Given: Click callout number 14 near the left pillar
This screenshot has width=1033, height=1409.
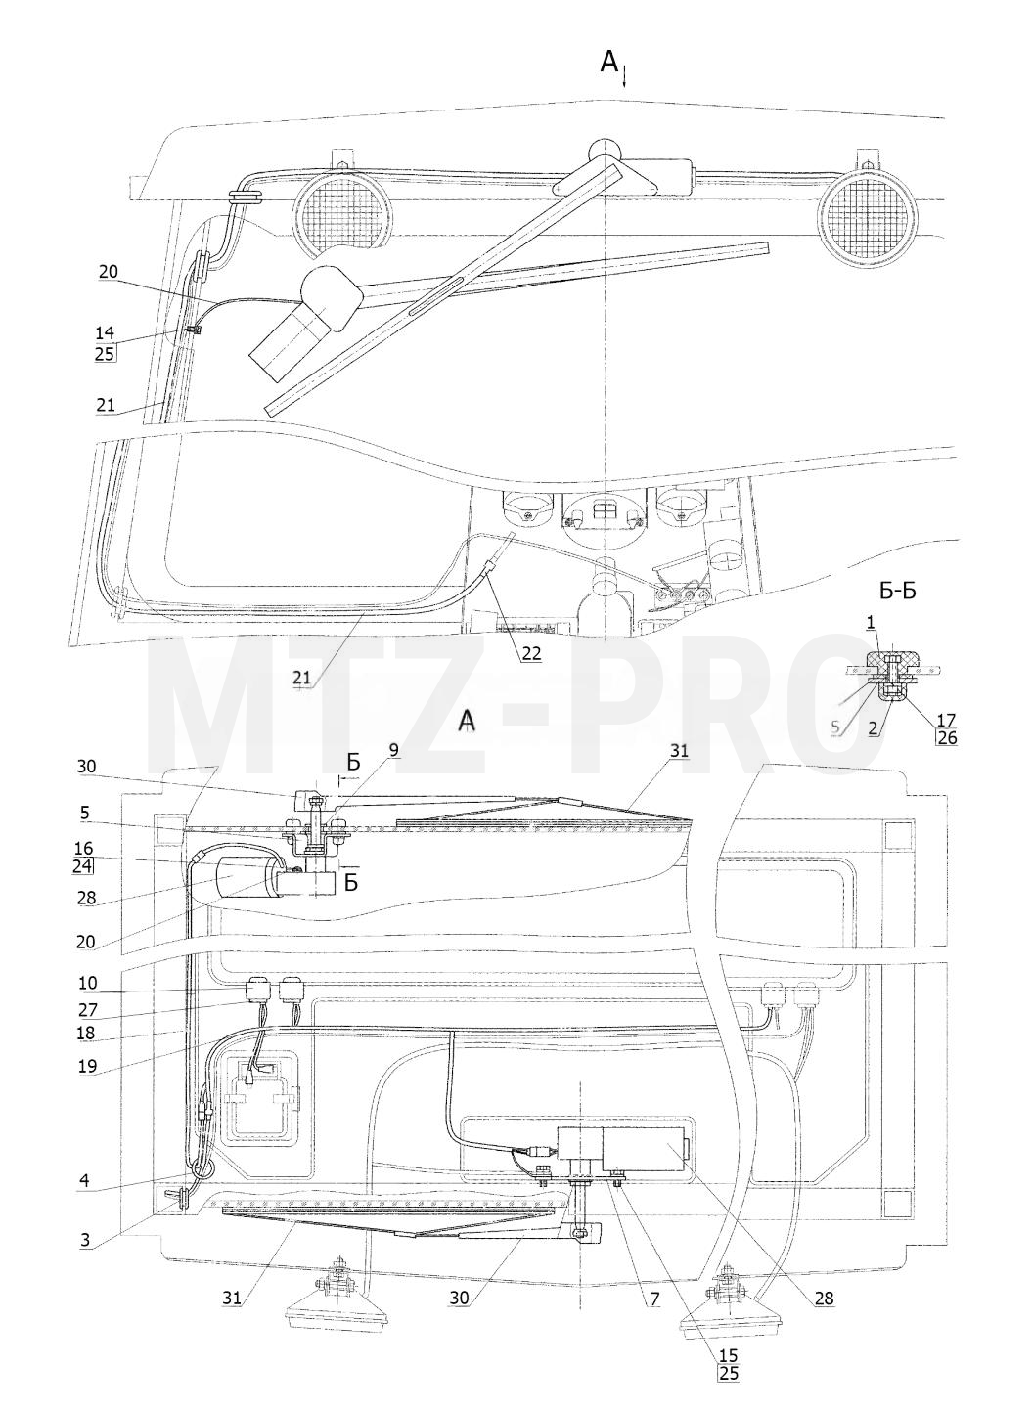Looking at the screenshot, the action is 105,334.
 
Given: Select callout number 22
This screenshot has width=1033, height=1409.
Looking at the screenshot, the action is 531,653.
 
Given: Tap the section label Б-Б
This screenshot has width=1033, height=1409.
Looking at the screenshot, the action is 897,592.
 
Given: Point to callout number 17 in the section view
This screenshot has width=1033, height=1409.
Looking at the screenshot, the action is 946,719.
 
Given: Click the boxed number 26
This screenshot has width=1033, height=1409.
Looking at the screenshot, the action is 947,737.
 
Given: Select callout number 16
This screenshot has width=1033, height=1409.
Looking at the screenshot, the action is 85,848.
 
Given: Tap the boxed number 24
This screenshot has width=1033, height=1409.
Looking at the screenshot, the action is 84,866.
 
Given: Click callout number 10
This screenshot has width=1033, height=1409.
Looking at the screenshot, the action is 87,983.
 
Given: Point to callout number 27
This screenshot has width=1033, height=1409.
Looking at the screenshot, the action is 87,1010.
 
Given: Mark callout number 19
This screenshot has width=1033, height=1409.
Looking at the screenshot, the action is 87,1066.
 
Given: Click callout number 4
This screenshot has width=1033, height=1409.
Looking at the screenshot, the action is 84,1180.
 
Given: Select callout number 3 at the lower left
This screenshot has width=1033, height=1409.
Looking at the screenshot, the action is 84,1240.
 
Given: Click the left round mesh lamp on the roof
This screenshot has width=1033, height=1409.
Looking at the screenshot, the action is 343,213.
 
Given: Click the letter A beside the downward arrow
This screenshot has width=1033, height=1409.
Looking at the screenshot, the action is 609,62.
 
